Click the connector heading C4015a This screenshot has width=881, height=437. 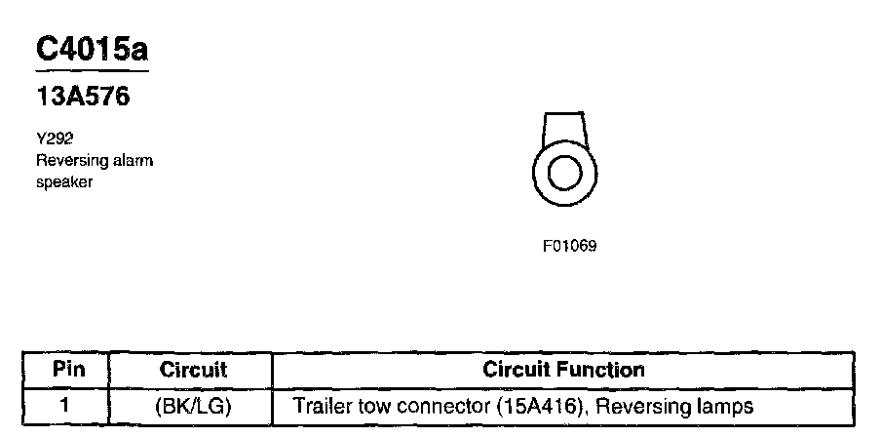pyautogui.click(x=92, y=50)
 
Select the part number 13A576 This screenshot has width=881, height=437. pyautogui.click(x=83, y=99)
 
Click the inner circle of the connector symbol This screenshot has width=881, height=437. pyautogui.click(x=563, y=176)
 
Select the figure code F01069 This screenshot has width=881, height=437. pyautogui.click(x=569, y=246)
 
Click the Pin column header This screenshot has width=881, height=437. pyautogui.click(x=69, y=371)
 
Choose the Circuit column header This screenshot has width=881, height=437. pyautogui.click(x=193, y=371)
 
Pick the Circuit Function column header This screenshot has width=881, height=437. pyautogui.click(x=564, y=371)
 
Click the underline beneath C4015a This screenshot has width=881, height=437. pyautogui.click(x=92, y=71)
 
